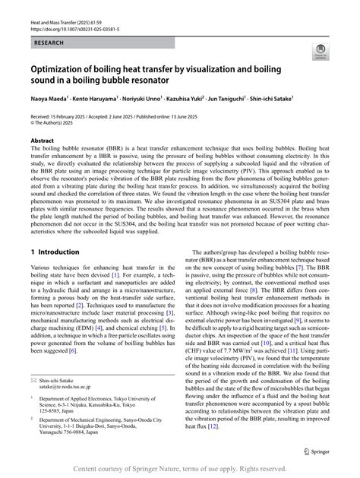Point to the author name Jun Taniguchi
point(249,99)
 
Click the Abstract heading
point(42,141)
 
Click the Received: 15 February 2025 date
point(64,114)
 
